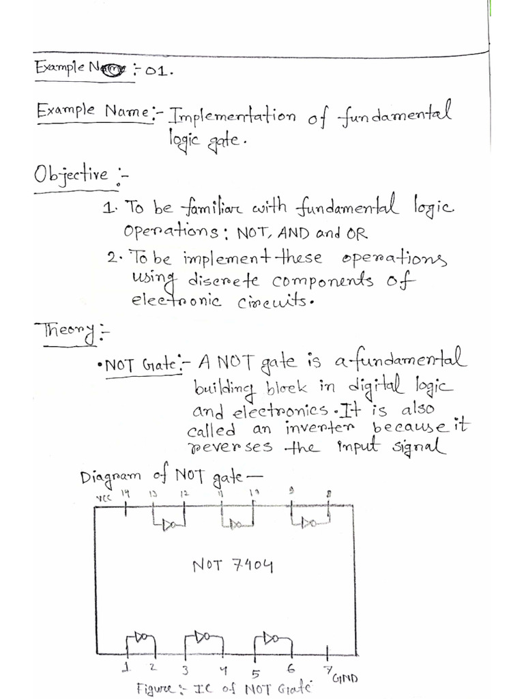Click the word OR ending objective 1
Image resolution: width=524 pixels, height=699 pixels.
[356, 233]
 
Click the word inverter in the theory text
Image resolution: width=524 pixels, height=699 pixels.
[310, 430]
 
